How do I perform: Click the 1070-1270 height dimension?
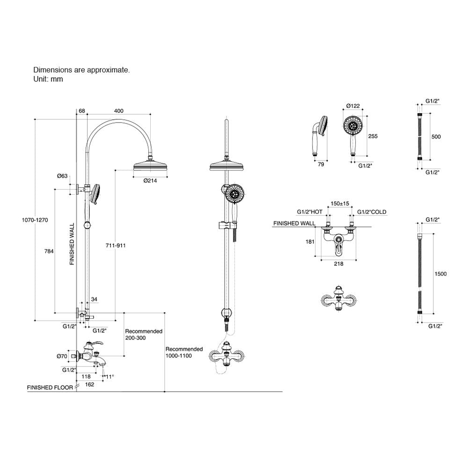pyautogui.click(x=35, y=220)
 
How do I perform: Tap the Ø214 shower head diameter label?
pyautogui.click(x=150, y=181)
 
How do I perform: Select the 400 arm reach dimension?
pyautogui.click(x=118, y=111)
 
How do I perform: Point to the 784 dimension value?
pyautogui.click(x=49, y=251)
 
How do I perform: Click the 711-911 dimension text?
pyautogui.click(x=116, y=245)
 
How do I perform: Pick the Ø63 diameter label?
pyautogui.click(x=62, y=176)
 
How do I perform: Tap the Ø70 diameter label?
pyautogui.click(x=62, y=356)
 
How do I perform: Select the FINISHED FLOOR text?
pyautogui.click(x=50, y=388)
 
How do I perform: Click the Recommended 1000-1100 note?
pyautogui.click(x=184, y=352)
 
